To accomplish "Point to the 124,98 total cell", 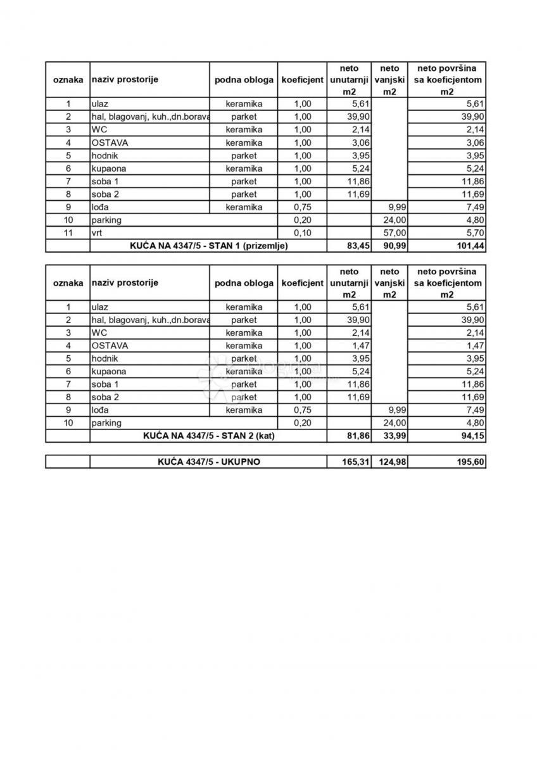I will pos(390,462).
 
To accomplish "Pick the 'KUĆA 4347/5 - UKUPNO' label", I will pos(208,462).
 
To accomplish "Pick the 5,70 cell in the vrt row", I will pos(474,233).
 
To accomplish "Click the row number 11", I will pos(68,233).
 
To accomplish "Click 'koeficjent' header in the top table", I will pos(303,80).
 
